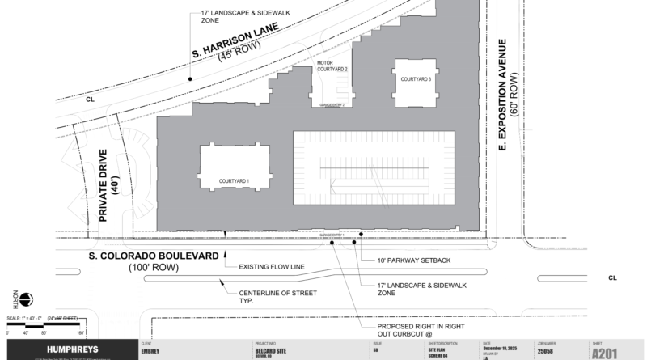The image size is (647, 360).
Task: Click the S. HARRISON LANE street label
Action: point(235,41)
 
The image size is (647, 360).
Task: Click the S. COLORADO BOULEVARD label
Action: point(154,256)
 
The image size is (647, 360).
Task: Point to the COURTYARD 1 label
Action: point(234,180)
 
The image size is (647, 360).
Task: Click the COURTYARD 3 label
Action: point(413,78)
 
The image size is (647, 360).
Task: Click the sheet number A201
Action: point(611,354)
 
